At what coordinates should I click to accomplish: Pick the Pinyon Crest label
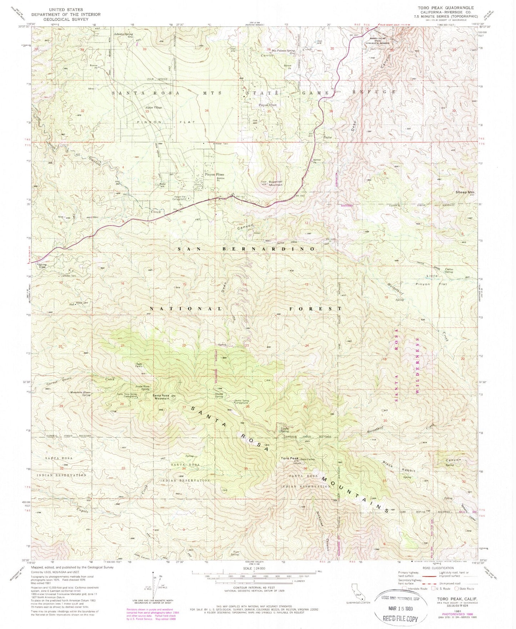(x=267, y=105)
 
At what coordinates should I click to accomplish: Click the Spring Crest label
(x=42, y=266)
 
